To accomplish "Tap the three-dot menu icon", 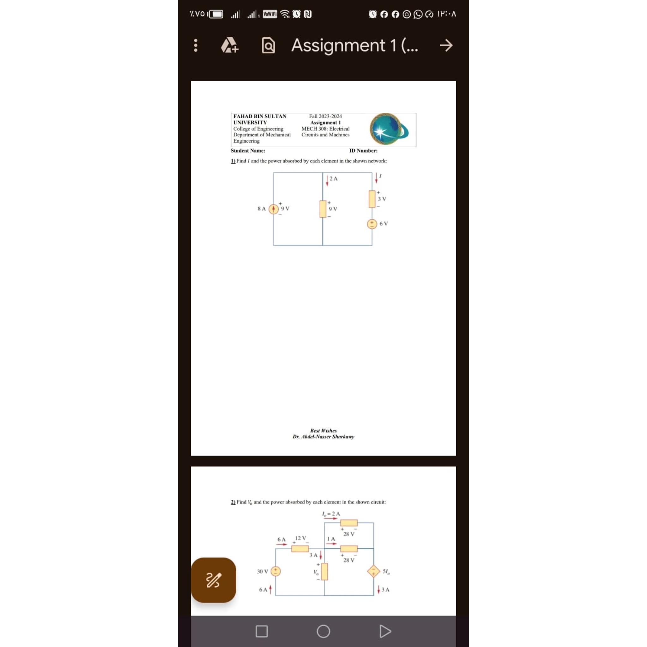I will tap(196, 45).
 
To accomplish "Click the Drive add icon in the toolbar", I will tap(230, 45).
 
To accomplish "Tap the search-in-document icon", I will tap(268, 45).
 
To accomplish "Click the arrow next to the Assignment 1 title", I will tap(446, 45).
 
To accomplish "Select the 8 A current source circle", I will tap(274, 209).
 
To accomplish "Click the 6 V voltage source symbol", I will tap(372, 224).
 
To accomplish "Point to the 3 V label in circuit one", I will tap(382, 199).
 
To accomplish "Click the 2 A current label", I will tap(334, 178).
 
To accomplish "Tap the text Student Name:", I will tap(248, 151).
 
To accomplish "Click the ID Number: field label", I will tap(363, 151).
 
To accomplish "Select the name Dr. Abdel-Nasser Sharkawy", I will tap(323, 437).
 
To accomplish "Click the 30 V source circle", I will tap(275, 571).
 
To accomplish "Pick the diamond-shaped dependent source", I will tap(373, 571).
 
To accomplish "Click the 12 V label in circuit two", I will tap(300, 538).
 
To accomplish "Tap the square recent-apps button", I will tap(262, 631).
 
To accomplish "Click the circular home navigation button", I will tap(323, 631).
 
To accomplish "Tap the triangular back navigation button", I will tap(385, 631).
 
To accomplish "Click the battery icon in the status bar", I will tap(216, 14).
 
